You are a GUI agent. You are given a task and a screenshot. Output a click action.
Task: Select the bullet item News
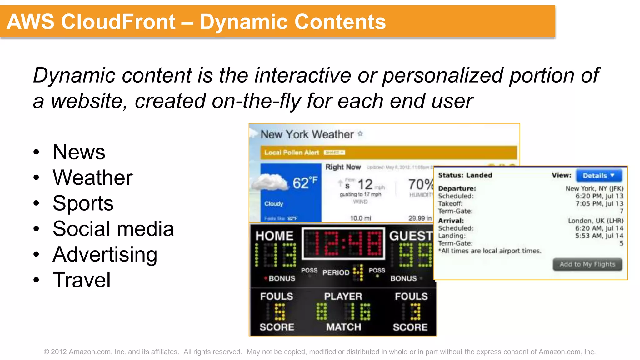click(x=79, y=152)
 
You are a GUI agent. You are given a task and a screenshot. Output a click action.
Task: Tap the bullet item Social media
click(x=113, y=229)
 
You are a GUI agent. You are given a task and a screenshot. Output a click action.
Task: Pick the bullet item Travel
click(x=82, y=280)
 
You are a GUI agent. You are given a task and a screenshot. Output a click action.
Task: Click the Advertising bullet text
click(x=105, y=254)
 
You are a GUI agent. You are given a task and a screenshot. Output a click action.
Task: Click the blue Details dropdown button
click(x=598, y=175)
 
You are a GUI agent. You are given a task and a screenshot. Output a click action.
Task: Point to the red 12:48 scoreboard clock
click(x=343, y=244)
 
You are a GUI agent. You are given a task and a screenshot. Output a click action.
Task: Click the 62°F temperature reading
click(x=305, y=183)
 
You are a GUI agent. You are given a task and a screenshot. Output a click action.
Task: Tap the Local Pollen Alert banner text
click(x=292, y=152)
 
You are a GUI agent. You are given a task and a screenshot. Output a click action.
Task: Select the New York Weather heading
click(x=307, y=134)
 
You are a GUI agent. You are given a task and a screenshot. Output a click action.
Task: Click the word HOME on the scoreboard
click(x=274, y=236)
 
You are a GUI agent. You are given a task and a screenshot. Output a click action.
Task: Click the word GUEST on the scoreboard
click(x=411, y=236)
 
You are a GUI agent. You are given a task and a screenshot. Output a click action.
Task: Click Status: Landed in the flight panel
click(x=465, y=175)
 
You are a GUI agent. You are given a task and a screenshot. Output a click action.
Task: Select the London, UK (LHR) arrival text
click(x=595, y=221)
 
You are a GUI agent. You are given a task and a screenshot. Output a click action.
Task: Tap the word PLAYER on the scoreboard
click(x=343, y=296)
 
